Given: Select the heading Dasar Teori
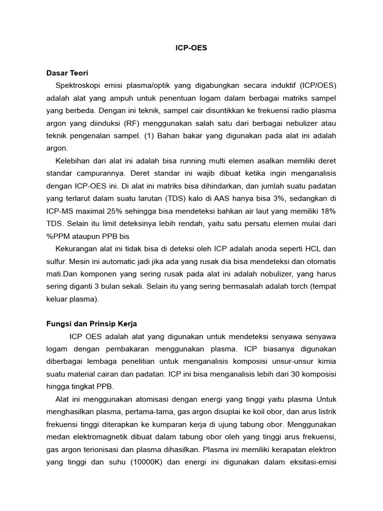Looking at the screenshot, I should coord(67,73).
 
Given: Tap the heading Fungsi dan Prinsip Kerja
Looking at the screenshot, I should coord(92,323).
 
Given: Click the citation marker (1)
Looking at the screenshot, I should coord(149,136).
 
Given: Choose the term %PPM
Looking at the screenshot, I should coord(58,236).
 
